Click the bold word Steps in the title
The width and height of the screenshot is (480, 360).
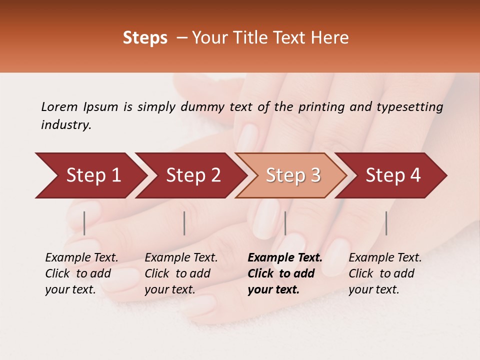point(145,38)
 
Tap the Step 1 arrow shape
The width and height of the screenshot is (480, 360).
point(90,175)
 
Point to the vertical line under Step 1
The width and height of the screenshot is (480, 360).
point(84,223)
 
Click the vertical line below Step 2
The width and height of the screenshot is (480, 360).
point(184,223)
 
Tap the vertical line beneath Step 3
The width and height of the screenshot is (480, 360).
point(285,223)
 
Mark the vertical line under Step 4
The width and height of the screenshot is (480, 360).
point(386,223)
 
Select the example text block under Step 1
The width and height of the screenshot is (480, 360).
point(81,273)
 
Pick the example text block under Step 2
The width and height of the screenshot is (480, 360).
point(181,273)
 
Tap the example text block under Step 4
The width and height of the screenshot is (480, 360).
point(385,273)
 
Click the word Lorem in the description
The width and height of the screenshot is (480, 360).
point(59,107)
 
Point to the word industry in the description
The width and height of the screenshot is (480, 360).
point(65,125)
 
